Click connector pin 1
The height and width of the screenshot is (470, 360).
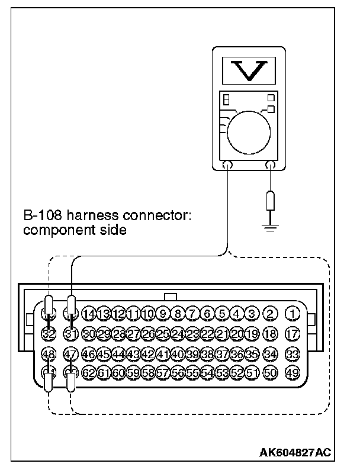click(x=292, y=313)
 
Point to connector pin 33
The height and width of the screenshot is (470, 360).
click(x=292, y=354)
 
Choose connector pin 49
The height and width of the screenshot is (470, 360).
click(x=292, y=374)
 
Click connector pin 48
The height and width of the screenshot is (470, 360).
click(x=49, y=354)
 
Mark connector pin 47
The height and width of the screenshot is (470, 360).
click(x=71, y=354)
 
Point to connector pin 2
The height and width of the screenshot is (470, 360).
click(x=270, y=313)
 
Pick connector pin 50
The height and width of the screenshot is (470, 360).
click(x=270, y=374)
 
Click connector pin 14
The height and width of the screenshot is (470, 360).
click(x=89, y=313)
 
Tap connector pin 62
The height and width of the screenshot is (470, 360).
click(x=89, y=374)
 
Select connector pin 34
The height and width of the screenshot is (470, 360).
click(x=270, y=354)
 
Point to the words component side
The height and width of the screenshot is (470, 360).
click(x=75, y=230)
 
